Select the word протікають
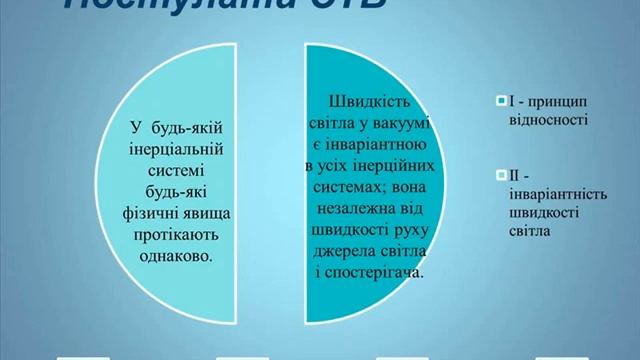tap(175, 233)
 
